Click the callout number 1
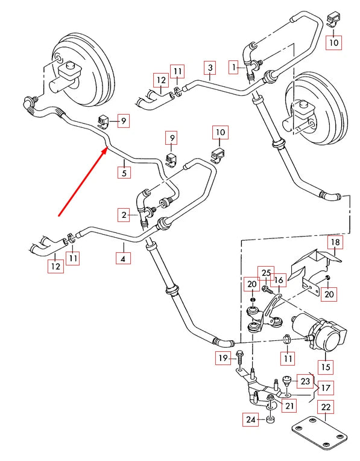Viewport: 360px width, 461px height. [x=233, y=68]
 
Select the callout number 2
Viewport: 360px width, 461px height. [x=124, y=214]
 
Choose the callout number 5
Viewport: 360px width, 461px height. [x=124, y=172]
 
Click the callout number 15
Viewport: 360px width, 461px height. [x=326, y=366]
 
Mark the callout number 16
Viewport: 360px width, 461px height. [x=278, y=281]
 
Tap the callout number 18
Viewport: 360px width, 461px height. [x=335, y=243]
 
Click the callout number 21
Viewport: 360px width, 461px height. [x=290, y=405]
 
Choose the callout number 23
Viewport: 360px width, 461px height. [x=306, y=381]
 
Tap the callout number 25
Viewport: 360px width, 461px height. [x=266, y=273]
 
